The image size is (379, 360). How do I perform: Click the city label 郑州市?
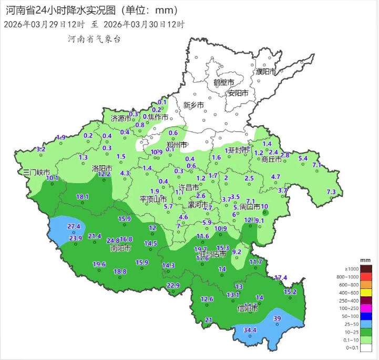177,144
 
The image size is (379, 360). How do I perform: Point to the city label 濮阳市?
265,71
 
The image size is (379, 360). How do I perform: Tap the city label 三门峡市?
36,172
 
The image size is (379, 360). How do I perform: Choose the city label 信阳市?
248,308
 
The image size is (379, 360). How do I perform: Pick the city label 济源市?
120,119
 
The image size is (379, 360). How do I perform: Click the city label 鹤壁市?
223,83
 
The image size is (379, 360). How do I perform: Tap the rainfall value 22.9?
173,285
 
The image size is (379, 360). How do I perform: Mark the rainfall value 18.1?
83,197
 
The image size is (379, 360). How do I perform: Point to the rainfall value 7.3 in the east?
331,192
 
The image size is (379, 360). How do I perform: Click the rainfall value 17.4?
281,277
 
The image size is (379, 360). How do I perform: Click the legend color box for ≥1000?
366,269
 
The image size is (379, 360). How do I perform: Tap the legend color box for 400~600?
366,292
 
